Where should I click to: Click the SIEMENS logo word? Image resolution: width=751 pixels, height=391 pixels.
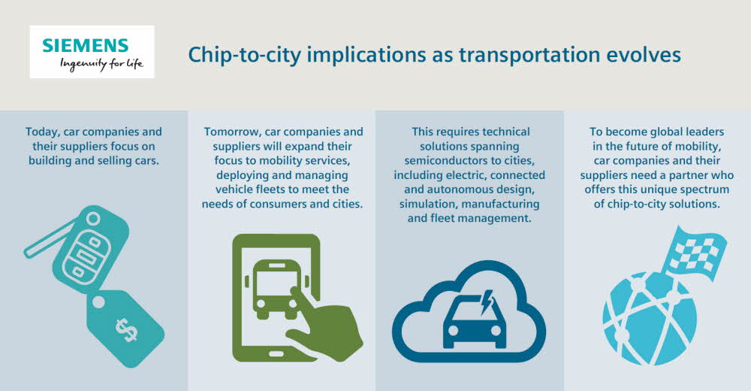86,46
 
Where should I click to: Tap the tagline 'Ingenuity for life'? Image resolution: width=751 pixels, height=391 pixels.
101,64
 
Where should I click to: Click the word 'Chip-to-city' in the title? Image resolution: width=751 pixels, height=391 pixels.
244,55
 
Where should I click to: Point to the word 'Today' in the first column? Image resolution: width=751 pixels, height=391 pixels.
43,132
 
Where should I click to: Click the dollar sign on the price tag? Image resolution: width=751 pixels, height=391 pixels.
126,329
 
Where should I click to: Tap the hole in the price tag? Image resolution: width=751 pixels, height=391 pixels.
98,302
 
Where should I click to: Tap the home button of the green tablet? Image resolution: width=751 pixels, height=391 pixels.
276,354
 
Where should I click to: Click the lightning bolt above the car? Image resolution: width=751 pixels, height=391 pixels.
487,302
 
